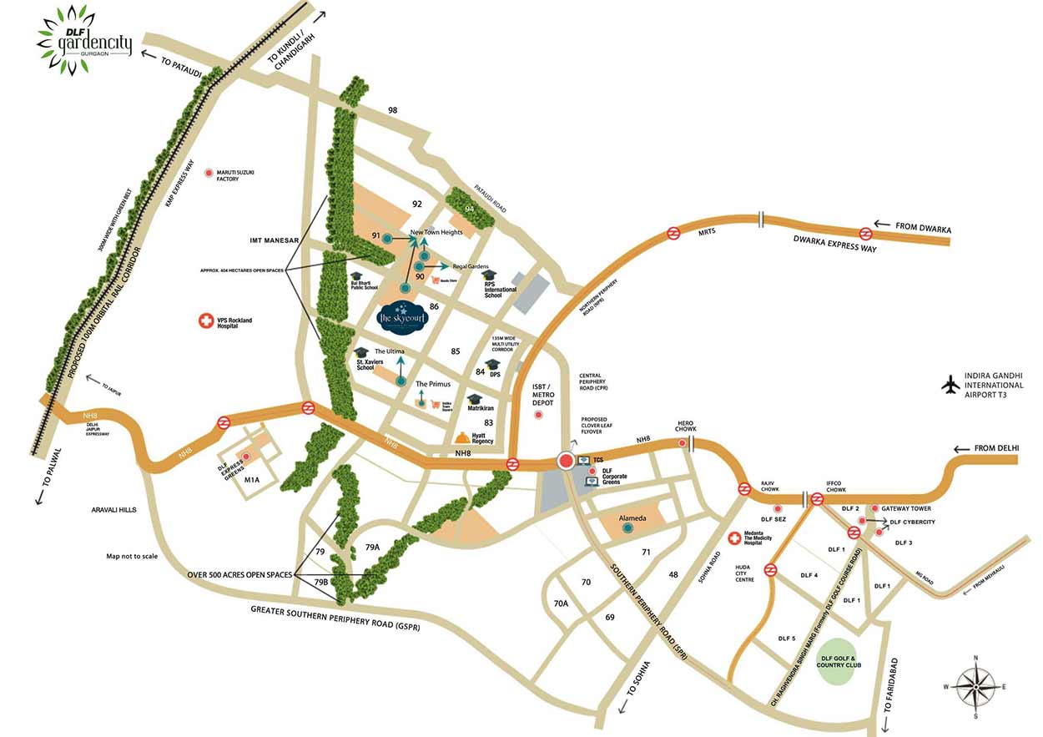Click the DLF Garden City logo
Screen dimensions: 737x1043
click(x=84, y=34)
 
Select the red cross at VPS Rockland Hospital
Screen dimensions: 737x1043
click(x=203, y=321)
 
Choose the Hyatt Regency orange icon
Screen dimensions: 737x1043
click(x=461, y=438)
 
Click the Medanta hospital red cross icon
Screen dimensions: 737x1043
click(x=734, y=539)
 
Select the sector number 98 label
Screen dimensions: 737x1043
click(x=393, y=110)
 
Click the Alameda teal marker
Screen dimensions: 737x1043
click(x=627, y=527)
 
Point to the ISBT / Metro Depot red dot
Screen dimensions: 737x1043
click(x=538, y=414)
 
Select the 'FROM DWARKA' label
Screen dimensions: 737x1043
click(x=924, y=226)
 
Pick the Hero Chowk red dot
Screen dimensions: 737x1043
click(x=683, y=442)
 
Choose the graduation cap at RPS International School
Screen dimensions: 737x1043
click(x=489, y=275)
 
